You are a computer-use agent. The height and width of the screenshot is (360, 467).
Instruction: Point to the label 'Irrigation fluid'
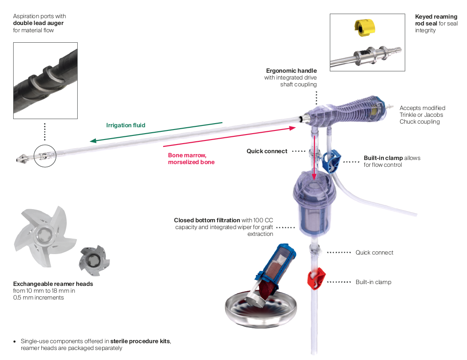[126, 125]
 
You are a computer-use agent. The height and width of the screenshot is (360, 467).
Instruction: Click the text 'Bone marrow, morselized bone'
[191, 159]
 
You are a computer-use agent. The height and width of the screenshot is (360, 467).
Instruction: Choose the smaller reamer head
[94, 260]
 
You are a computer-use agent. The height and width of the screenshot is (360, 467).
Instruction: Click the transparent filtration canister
[315, 205]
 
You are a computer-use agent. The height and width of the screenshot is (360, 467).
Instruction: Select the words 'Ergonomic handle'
[291, 71]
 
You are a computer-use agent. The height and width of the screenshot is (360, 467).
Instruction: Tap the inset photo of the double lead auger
[45, 80]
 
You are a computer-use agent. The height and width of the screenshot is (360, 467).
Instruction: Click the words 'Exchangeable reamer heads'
[53, 284]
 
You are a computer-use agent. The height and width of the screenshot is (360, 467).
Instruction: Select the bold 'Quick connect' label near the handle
[267, 151]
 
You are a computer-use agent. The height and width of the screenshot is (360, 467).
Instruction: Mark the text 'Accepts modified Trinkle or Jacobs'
[422, 111]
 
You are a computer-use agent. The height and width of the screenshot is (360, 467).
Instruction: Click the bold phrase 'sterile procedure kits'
[141, 341]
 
